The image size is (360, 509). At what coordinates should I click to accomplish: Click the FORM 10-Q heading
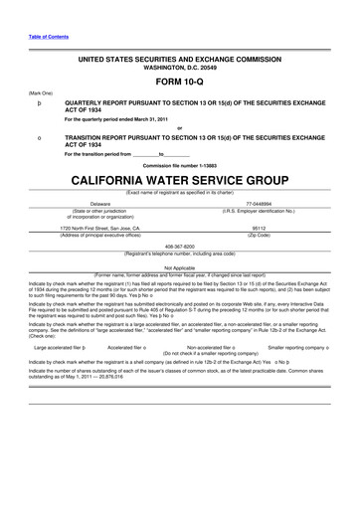coord(179,83)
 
